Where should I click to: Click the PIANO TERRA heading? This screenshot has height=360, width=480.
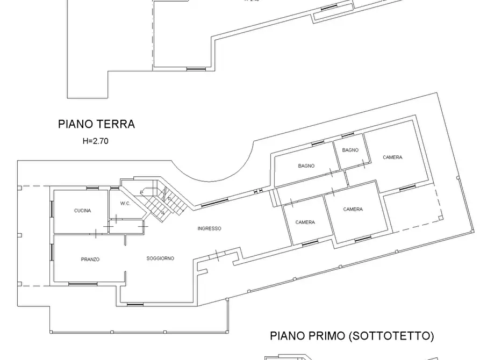pos(96,125)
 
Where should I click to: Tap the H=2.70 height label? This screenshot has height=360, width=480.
pos(96,142)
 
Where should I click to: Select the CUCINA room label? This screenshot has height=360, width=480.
pos(82,211)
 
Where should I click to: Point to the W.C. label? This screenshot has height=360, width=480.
pos(125,204)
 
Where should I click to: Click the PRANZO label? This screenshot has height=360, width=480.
pos(90,259)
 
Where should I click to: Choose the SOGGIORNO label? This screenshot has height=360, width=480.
pos(160,258)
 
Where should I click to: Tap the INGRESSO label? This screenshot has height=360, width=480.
pos(209,228)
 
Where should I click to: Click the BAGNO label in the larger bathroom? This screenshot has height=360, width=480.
pos(306,166)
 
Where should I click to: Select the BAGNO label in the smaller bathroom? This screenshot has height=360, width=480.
pos(350,150)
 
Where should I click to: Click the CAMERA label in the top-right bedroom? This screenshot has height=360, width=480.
pos(392,157)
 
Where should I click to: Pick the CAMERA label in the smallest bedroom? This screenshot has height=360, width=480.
pos(305,222)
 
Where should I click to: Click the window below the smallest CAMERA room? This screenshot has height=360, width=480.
pos(310,244)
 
